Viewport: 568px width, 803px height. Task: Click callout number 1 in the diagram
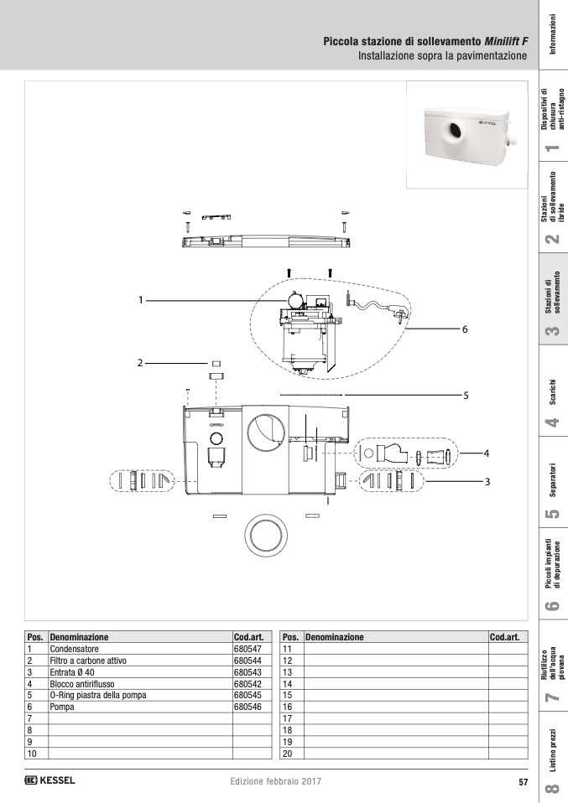140,300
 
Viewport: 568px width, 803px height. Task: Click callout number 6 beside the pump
465,329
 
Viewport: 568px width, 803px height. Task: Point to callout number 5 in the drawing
466,396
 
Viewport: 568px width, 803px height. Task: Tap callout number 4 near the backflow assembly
487,453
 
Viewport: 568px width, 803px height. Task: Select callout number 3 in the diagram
487,482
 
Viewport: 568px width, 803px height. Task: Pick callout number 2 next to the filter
140,363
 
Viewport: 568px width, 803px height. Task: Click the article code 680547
248,649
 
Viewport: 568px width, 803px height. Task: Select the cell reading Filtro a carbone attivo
88,661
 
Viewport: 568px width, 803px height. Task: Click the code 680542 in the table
248,684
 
